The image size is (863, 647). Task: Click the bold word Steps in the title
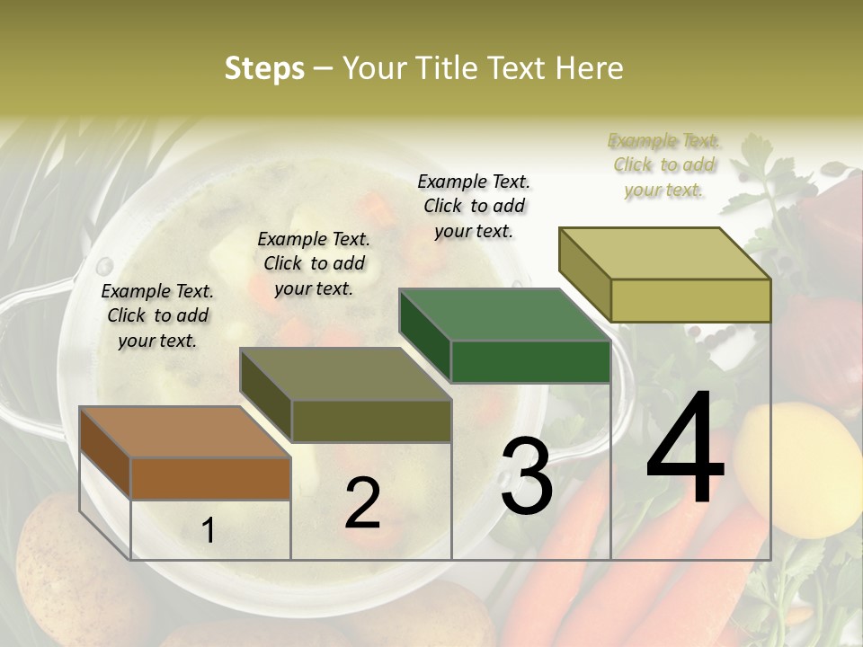(x=264, y=68)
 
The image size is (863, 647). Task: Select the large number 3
(x=527, y=476)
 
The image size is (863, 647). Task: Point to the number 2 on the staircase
(x=362, y=503)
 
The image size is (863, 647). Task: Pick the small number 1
(x=209, y=531)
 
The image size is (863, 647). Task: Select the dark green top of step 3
(x=503, y=315)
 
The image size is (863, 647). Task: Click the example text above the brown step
(x=157, y=315)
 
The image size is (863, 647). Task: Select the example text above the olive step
(x=314, y=263)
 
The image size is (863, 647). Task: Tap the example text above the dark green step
(x=474, y=206)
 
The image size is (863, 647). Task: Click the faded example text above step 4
(x=663, y=164)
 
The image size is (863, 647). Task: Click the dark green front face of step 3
(x=530, y=362)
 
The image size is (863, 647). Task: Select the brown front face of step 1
(x=210, y=478)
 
